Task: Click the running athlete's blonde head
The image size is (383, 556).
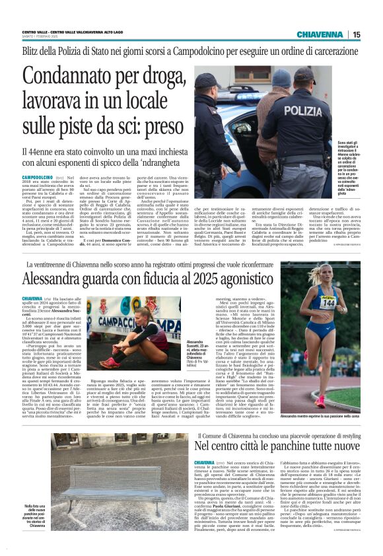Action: (328, 275)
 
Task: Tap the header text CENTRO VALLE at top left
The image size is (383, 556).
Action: (36, 31)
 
